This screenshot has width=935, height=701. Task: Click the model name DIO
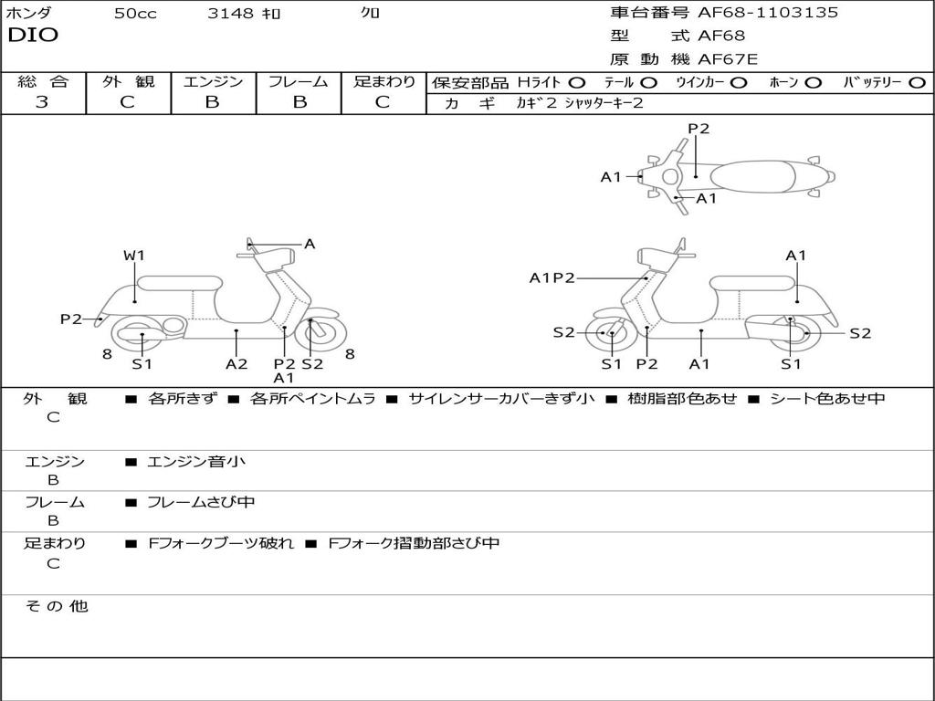33,36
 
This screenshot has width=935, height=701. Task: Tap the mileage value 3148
230,14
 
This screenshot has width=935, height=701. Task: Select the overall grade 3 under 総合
42,102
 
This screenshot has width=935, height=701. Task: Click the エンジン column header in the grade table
213,81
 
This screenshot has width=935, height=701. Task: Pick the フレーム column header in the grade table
299,81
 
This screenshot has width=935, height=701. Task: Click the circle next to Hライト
577,82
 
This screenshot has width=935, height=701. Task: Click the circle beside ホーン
814,82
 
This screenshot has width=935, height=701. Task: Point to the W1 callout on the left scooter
134,256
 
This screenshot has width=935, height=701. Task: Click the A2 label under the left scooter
236,363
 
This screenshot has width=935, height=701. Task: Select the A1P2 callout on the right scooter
552,278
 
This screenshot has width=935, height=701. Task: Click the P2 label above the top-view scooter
699,129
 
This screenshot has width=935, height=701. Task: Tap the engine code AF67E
727,60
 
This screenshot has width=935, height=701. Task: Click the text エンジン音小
196,462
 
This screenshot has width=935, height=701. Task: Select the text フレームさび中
201,502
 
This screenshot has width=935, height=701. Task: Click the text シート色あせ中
827,399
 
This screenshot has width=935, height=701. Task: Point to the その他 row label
56,606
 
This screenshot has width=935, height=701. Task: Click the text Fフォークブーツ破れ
221,543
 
